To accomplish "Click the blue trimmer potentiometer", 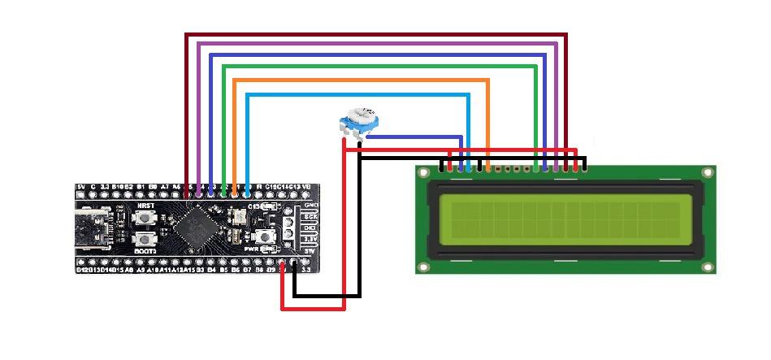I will [x=358, y=121].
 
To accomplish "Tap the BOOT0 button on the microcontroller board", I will [x=146, y=239].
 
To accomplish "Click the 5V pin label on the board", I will [x=80, y=188].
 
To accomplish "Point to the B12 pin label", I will [x=82, y=269].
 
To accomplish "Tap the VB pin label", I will [x=306, y=188].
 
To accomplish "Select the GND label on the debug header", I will [x=310, y=206].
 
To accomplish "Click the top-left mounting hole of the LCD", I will [x=423, y=174].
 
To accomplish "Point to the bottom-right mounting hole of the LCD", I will [x=708, y=266].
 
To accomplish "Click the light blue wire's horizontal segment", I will [x=357, y=95].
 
